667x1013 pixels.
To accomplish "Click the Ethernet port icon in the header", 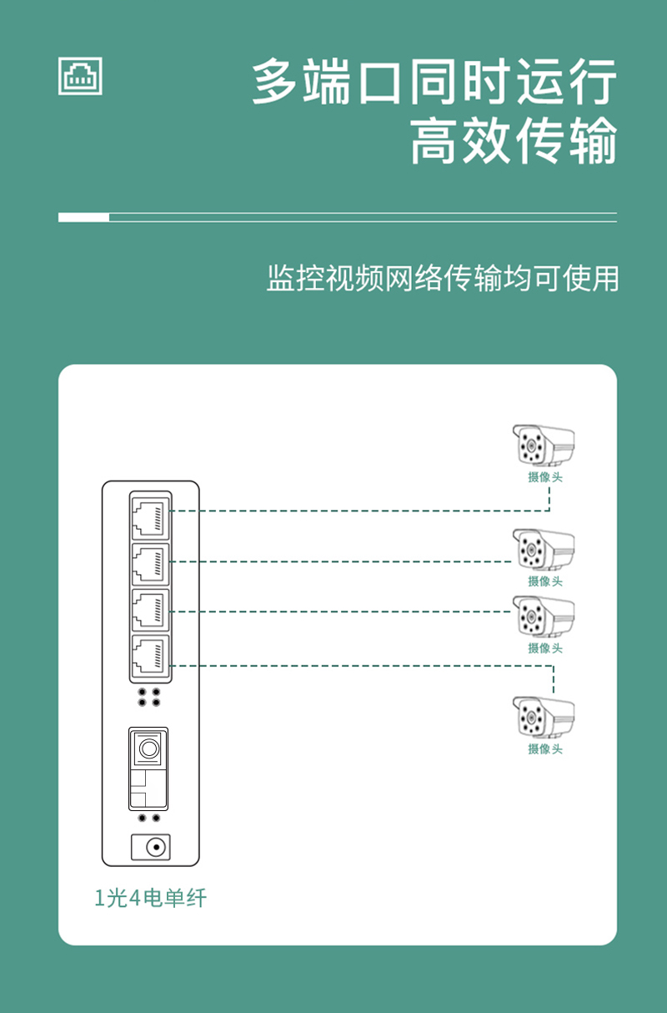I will point(80,76).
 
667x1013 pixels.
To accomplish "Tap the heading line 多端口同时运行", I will point(434,82).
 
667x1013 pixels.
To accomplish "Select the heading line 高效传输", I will point(514,141).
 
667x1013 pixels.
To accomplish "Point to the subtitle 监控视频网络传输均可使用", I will point(443,278).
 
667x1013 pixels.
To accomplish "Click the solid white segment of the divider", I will point(83,218).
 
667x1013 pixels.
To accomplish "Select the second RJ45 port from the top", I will point(150,564).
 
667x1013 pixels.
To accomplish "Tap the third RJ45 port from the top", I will point(150,610).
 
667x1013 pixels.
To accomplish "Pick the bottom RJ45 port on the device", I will point(150,657).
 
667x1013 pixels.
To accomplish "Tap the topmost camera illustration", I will point(543,446).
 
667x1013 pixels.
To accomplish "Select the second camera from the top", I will point(543,550).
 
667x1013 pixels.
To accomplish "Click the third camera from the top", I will point(543,617).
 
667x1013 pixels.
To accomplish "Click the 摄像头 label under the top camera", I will point(545,477).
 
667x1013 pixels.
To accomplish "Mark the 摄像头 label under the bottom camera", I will point(545,749).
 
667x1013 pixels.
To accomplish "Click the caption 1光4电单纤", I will point(150,899).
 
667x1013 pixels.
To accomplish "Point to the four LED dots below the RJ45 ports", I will point(149,698).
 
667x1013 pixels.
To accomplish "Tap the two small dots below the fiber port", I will point(149,819).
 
